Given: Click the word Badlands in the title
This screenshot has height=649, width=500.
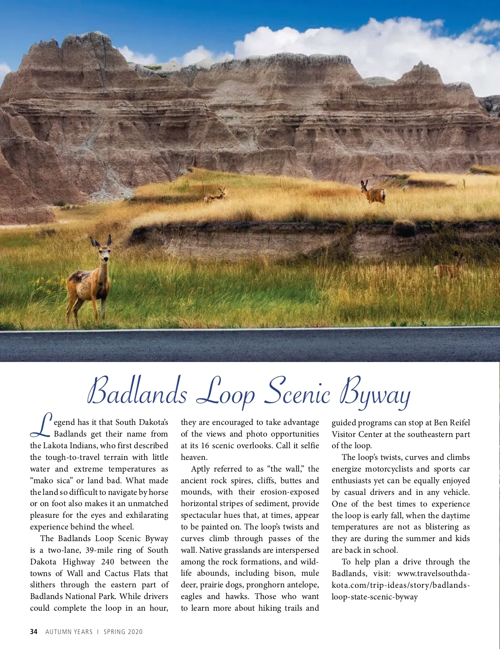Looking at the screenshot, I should [137, 392].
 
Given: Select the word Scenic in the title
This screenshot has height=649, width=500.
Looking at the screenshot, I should [298, 392].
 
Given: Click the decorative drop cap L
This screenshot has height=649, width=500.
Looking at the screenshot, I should [41, 425].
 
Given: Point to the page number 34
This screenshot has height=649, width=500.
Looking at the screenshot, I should [34, 632].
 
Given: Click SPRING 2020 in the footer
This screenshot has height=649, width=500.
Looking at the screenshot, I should [123, 632].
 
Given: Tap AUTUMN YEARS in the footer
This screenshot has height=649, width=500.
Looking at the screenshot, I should [69, 632].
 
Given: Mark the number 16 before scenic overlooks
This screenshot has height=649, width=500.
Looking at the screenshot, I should [205, 445].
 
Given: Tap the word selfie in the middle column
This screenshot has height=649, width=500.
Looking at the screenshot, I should [310, 445].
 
